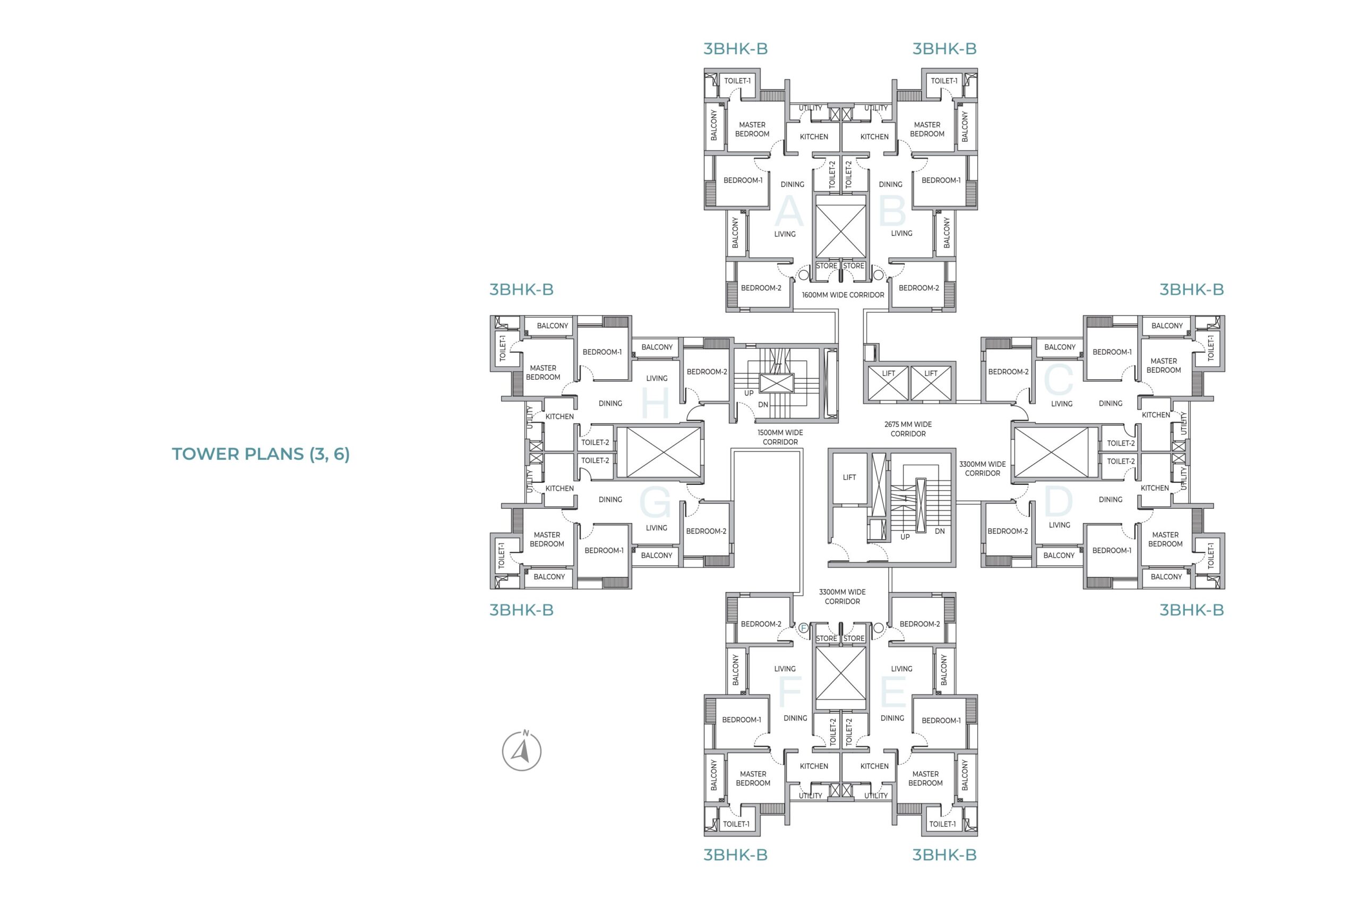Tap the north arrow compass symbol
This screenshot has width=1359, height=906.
click(x=521, y=750)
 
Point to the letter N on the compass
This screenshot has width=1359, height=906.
click(x=526, y=733)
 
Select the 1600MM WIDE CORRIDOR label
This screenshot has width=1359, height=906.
click(x=842, y=295)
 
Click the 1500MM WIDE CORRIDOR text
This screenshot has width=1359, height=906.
click(x=780, y=437)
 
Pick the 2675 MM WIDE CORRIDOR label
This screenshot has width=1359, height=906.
click(x=907, y=429)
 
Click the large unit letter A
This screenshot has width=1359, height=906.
click(x=788, y=211)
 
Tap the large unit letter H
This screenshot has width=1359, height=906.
click(x=655, y=403)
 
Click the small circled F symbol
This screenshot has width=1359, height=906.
click(x=803, y=628)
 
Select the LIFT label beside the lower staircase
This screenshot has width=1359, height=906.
click(x=849, y=477)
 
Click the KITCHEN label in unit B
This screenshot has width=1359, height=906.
click(x=874, y=137)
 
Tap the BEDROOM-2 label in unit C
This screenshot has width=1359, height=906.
click(x=1008, y=372)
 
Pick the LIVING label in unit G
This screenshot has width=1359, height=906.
click(x=656, y=527)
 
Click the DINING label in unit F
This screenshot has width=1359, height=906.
click(x=795, y=718)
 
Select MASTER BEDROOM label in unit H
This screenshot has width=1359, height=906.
click(x=543, y=373)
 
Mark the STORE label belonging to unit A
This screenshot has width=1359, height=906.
click(x=827, y=266)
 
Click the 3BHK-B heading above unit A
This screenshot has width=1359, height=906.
click(x=735, y=48)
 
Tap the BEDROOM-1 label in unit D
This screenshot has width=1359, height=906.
click(x=1112, y=550)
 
